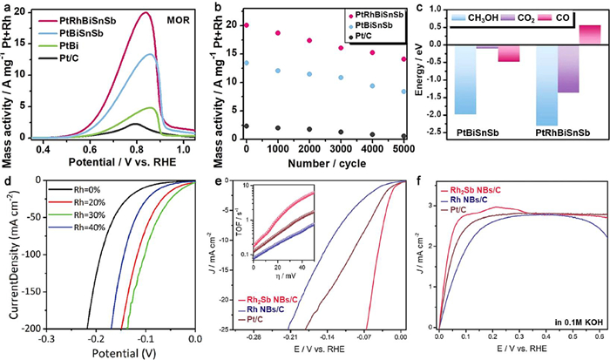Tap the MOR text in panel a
(x=184, y=19)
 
